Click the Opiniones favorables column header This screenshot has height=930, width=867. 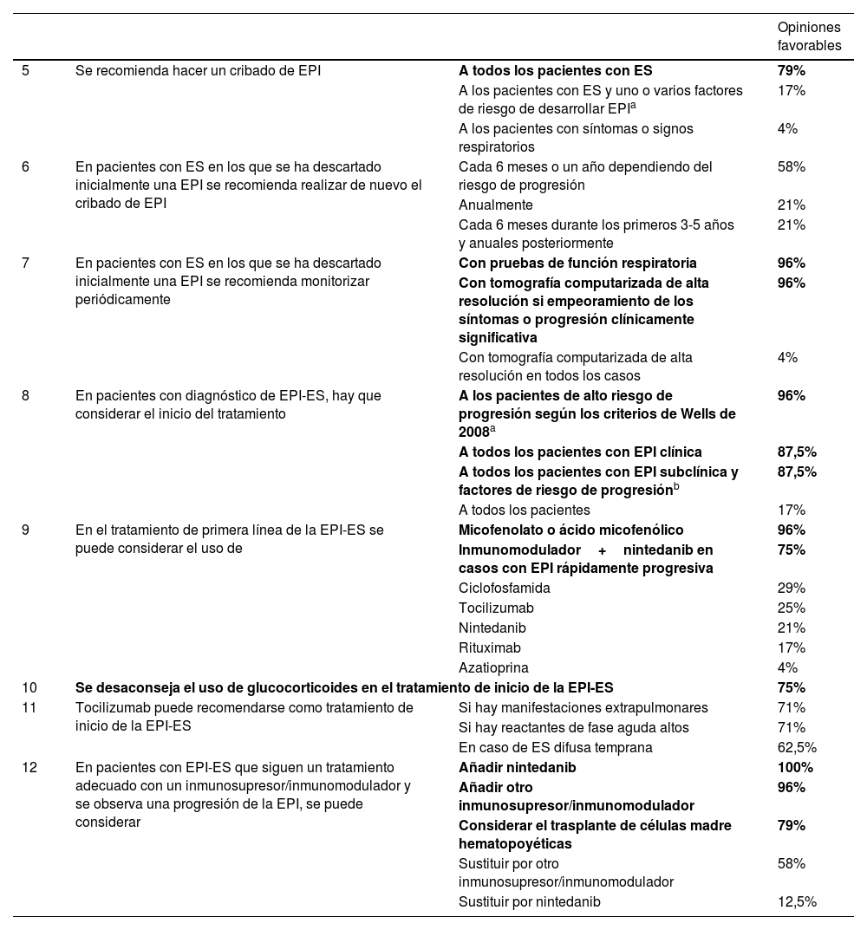(x=809, y=36)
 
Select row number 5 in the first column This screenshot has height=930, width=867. (x=25, y=70)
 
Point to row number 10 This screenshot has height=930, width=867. (x=29, y=687)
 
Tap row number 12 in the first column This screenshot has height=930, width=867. (x=29, y=767)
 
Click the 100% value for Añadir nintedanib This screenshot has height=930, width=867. (x=795, y=767)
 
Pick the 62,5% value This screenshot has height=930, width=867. (x=797, y=747)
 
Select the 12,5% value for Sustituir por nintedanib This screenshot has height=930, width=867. (x=797, y=901)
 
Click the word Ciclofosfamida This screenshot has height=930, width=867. (x=504, y=588)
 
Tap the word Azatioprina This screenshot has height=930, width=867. (x=493, y=667)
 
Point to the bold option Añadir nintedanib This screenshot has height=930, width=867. (x=517, y=767)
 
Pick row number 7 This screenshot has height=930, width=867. (x=25, y=263)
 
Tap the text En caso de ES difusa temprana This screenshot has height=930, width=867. (x=555, y=747)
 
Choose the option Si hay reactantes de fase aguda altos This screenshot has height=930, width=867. (x=573, y=727)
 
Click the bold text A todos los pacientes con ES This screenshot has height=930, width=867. (x=555, y=70)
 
